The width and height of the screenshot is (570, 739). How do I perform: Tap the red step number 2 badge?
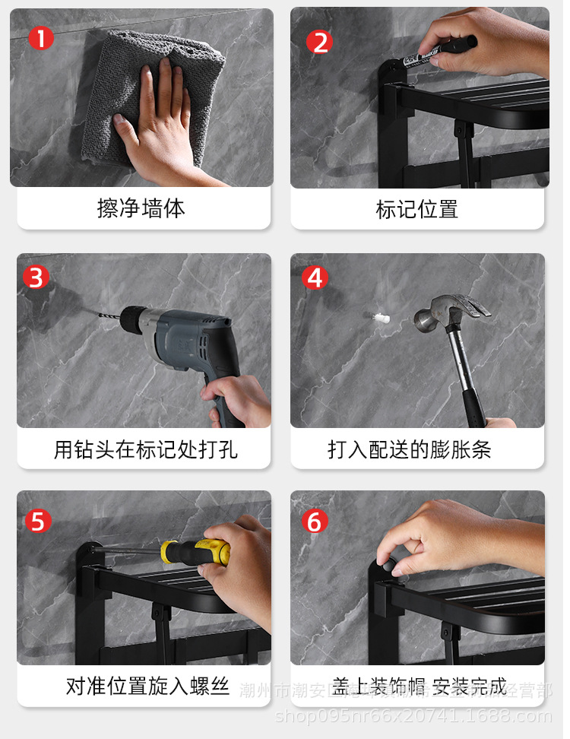coord(319,42)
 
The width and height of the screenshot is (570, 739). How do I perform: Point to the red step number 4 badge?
coord(315,278)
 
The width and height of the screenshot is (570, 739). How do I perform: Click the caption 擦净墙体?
coord(141,208)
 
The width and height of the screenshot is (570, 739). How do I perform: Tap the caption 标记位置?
coord(417,209)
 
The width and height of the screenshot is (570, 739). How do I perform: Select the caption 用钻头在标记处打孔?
coord(145,449)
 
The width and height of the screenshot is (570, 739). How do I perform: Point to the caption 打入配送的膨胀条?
coord(410,449)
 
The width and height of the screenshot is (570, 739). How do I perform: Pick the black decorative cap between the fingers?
coord(387,564)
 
